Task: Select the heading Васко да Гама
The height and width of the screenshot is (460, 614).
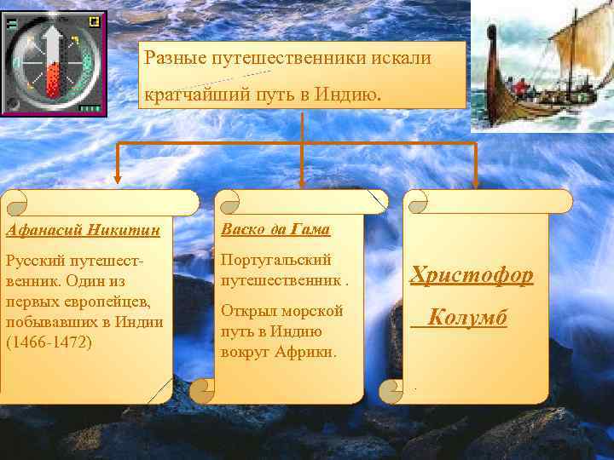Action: (275, 230)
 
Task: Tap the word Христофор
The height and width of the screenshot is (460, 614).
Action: (472, 274)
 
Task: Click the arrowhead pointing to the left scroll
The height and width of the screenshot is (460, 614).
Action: (117, 182)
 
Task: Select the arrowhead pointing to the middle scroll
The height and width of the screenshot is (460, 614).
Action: (303, 181)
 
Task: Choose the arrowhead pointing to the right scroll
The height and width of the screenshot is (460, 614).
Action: (475, 181)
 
